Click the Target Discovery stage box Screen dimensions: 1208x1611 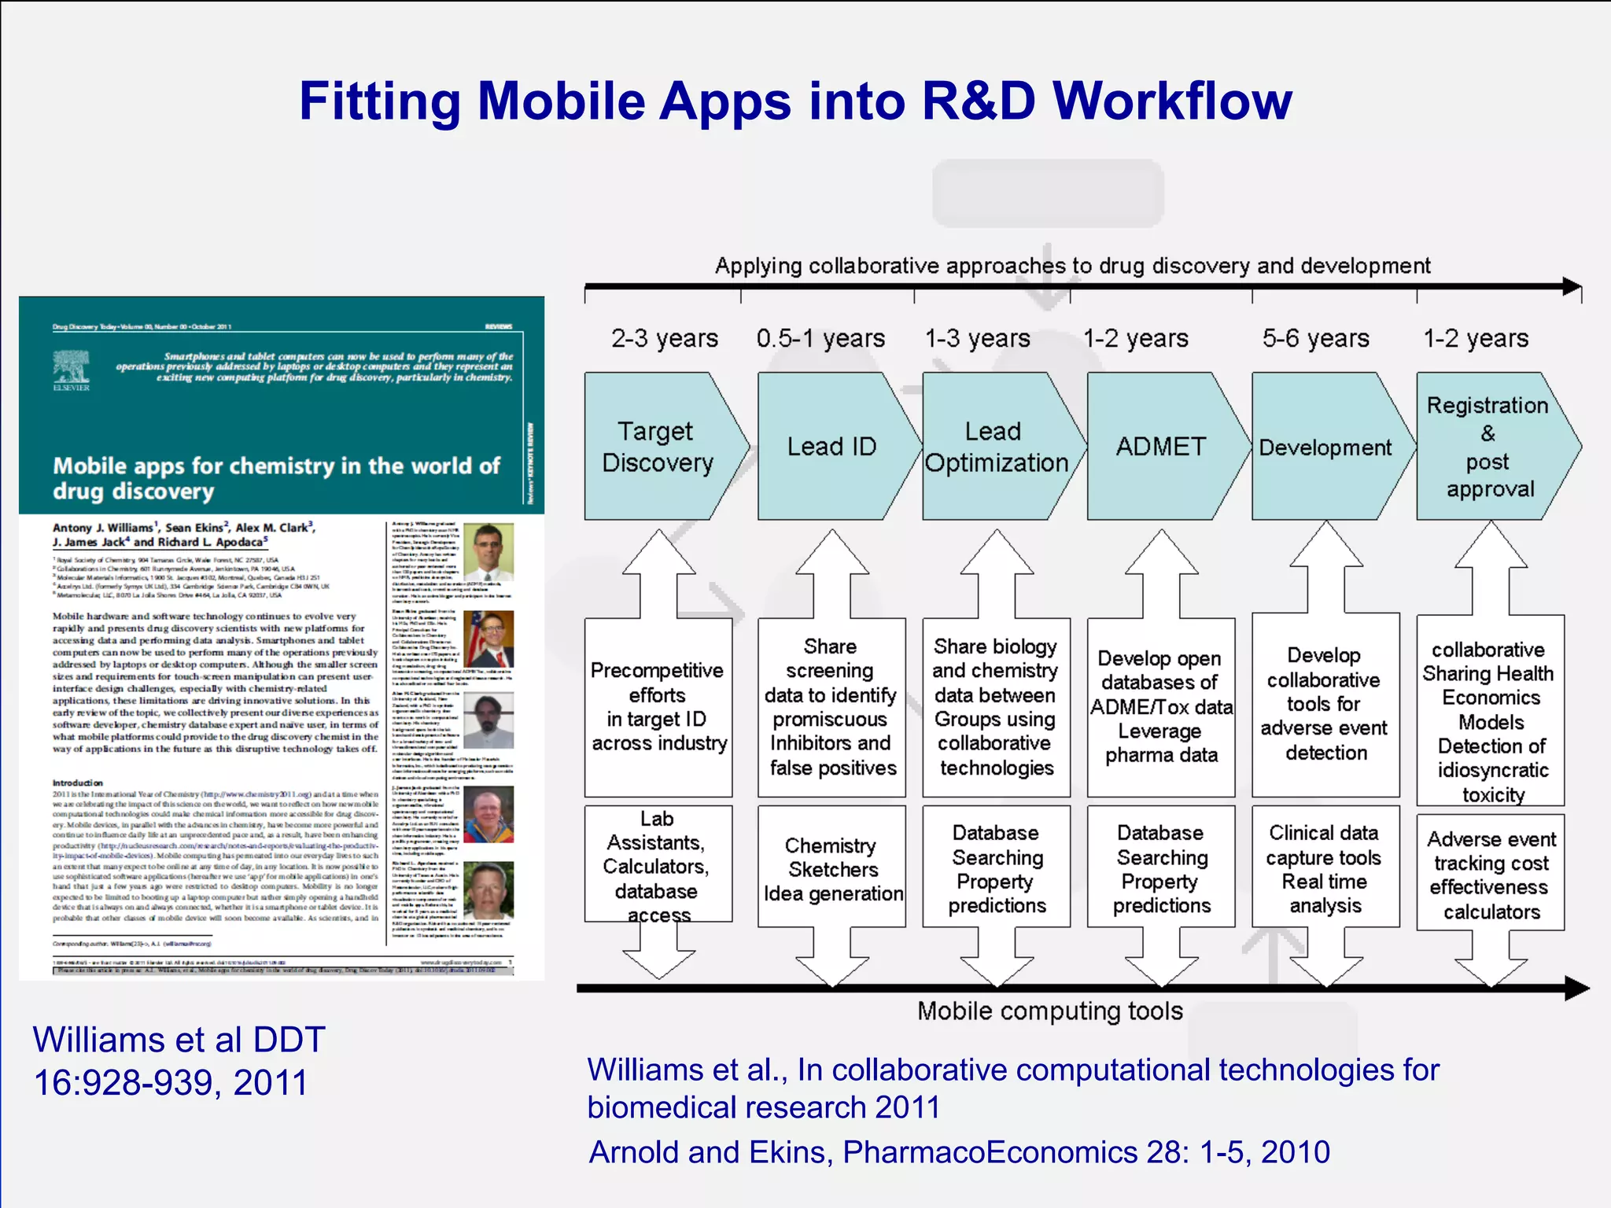tap(657, 447)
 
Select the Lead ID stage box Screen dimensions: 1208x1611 tap(831, 447)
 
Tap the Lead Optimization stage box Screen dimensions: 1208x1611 tap(995, 447)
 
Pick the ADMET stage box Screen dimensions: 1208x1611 tap(1160, 447)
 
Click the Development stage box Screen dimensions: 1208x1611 tap(1325, 447)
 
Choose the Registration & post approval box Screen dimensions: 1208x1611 tap(1489, 447)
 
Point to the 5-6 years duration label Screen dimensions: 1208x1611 tap(1315, 338)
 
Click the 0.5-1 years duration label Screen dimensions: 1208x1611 tap(820, 338)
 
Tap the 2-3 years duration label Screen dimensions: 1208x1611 tap(665, 338)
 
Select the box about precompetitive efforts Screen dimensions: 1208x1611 tap(658, 706)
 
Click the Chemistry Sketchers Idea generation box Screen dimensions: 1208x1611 tap(832, 868)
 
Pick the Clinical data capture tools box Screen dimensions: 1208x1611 tap(1325, 868)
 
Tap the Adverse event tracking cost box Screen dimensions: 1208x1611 tap(1491, 875)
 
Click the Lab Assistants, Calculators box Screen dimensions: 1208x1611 tap(657, 865)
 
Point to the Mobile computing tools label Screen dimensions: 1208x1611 tap(1049, 1011)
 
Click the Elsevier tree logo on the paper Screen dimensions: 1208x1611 tap(71, 368)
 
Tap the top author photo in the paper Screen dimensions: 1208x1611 tap(488, 551)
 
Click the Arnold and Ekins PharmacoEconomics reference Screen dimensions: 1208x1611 tap(959, 1152)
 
